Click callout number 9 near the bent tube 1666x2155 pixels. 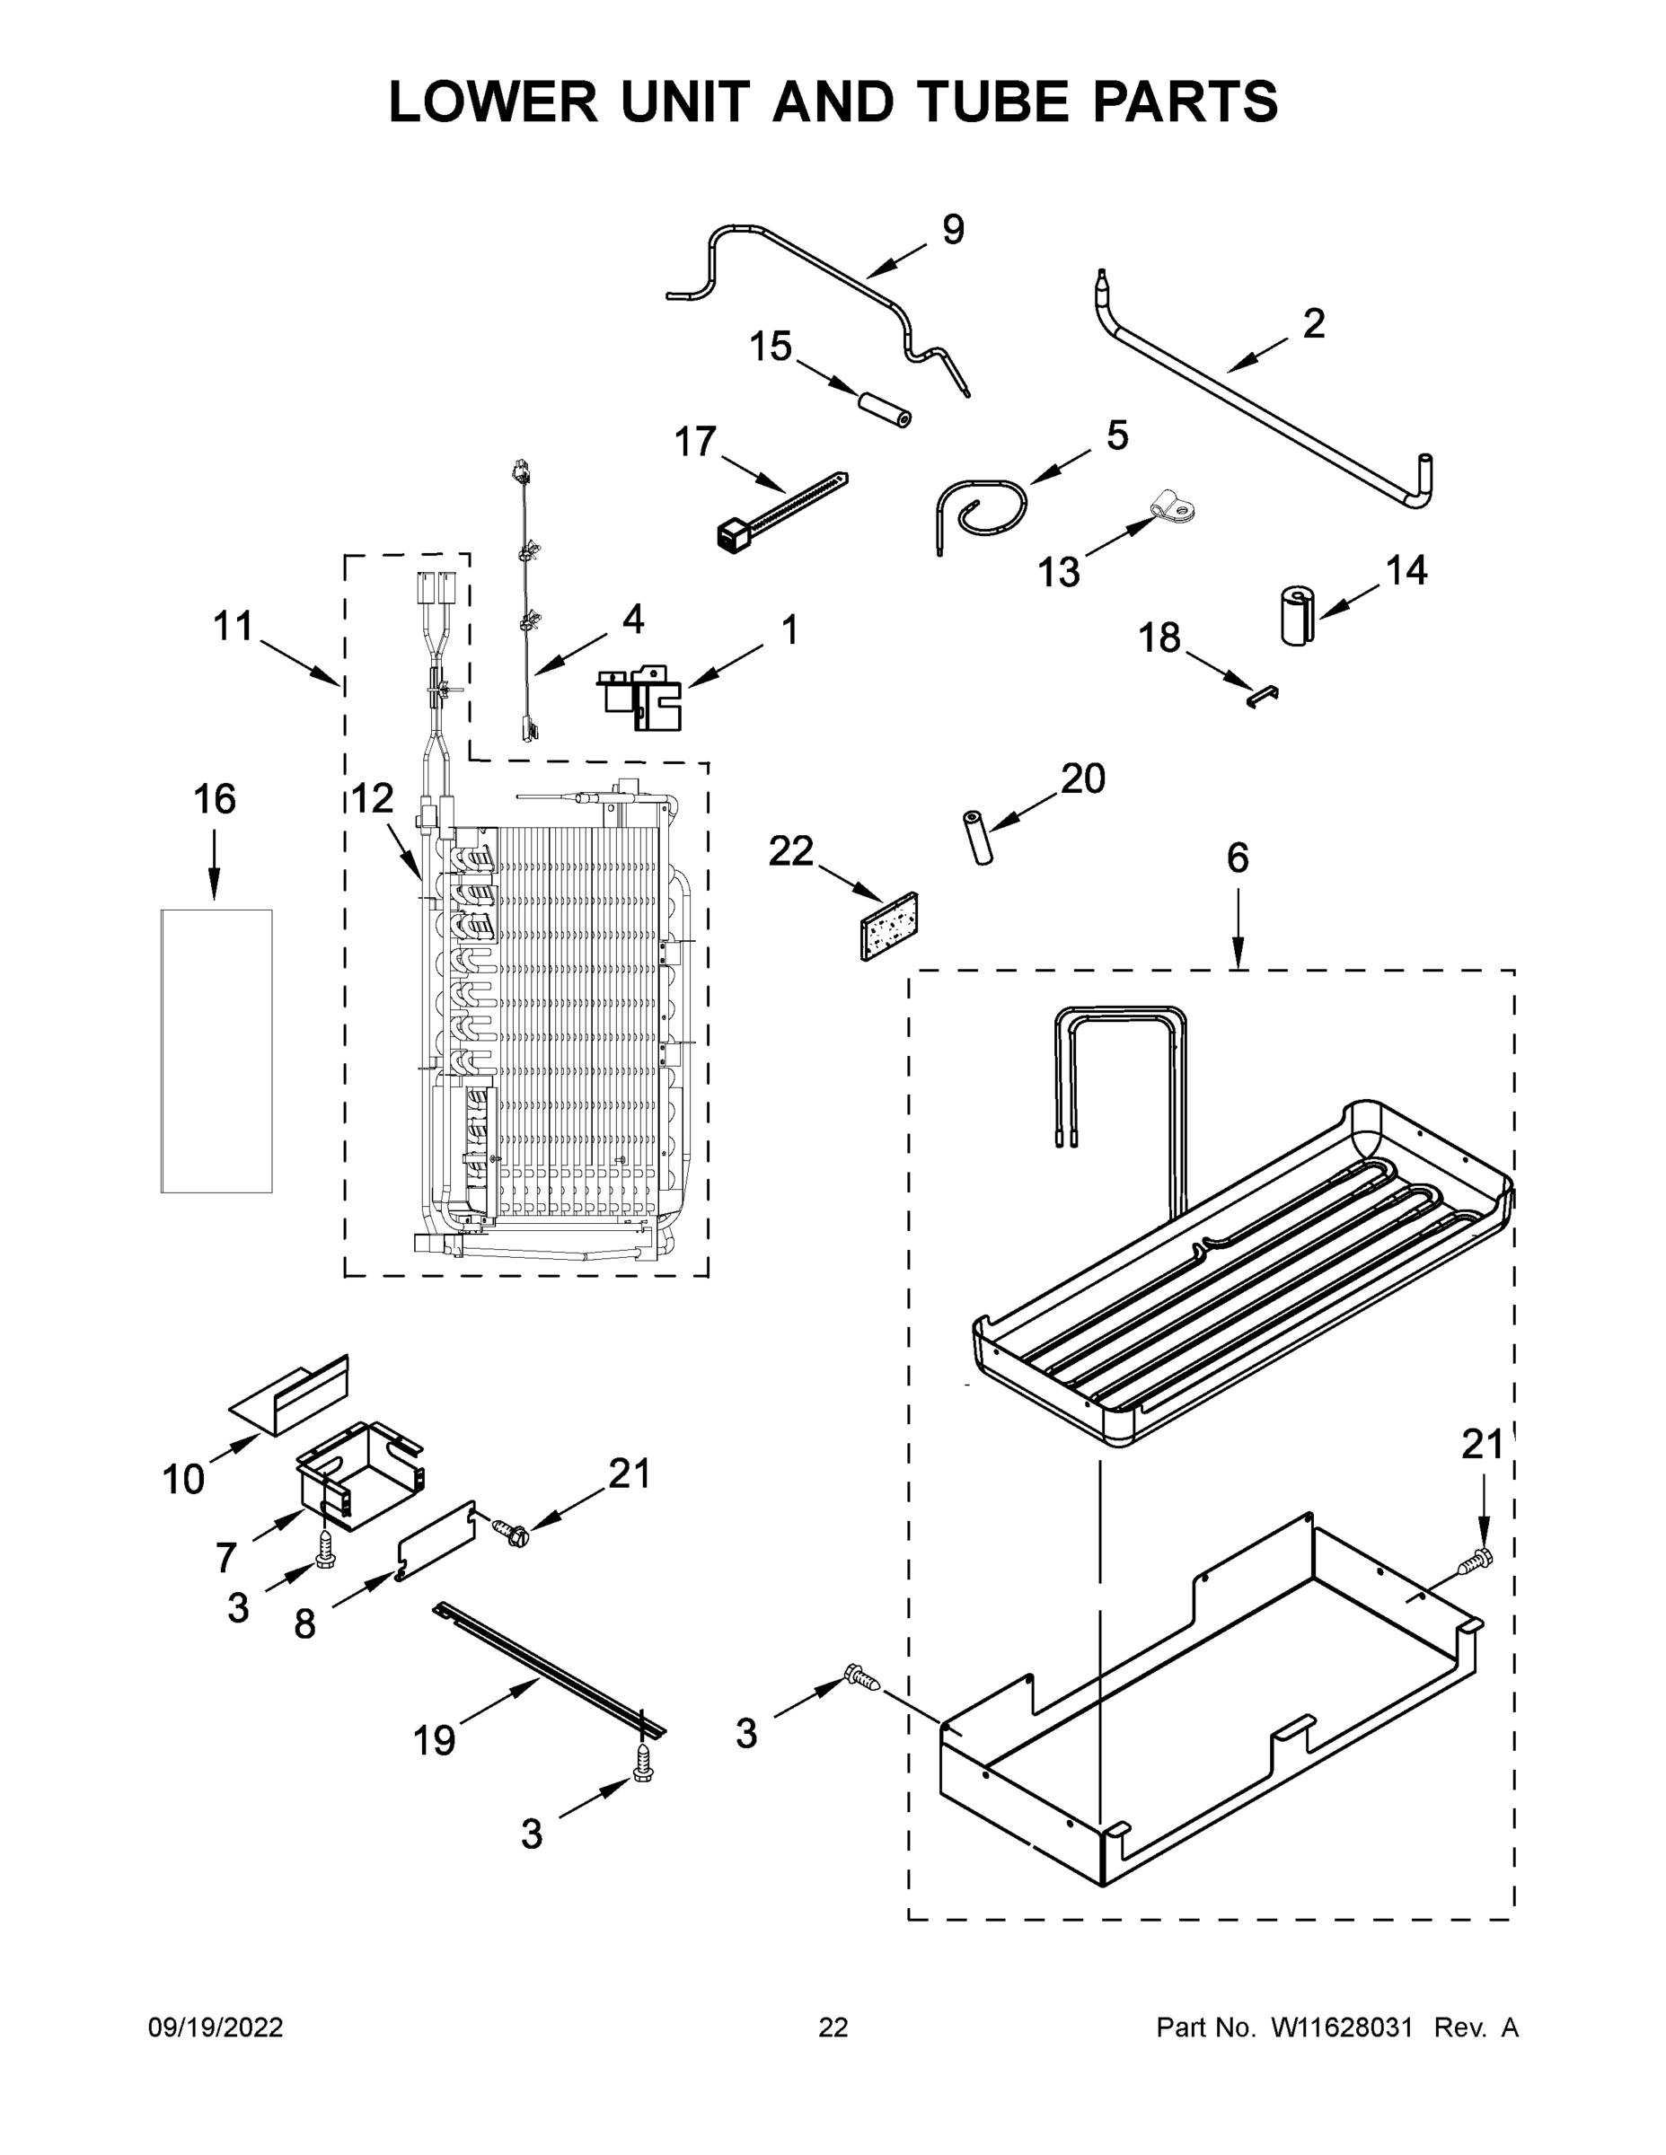[951, 230]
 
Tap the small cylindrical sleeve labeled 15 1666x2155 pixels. [884, 409]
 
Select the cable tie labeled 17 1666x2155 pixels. [780, 509]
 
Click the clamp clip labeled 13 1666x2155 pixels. [1171, 509]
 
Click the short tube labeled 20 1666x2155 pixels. [976, 838]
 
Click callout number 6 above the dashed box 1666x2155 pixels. [1237, 859]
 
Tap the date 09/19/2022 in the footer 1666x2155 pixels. [216, 2027]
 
